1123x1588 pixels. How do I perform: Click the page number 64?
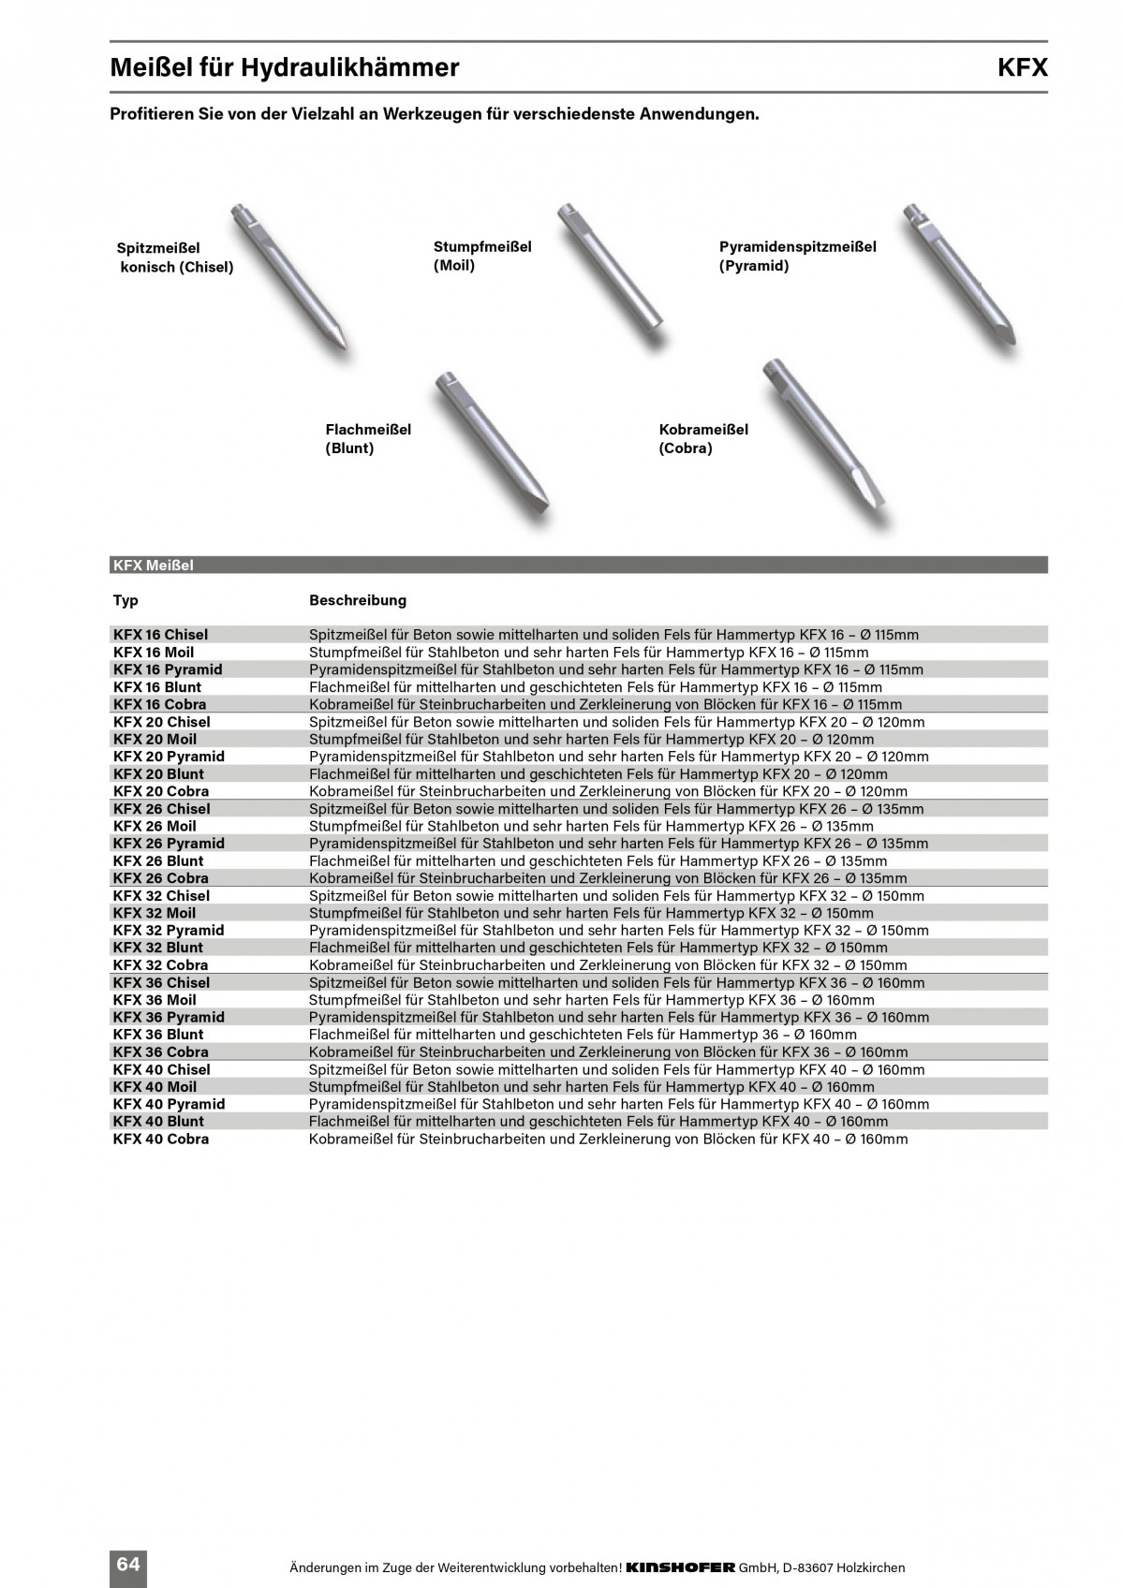128,1564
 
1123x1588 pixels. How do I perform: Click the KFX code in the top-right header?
1023,68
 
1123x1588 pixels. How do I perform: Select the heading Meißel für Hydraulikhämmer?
285,68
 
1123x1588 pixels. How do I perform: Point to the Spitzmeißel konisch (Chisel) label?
174,257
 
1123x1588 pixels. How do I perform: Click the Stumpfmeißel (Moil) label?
481,256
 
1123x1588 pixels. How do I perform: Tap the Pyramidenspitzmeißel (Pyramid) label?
797,256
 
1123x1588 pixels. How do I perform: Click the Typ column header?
126,600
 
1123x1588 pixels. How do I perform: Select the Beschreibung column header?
358,600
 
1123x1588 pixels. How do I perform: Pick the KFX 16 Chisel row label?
160,635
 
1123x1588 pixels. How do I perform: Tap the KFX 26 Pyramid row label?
169,844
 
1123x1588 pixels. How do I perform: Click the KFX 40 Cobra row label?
161,1140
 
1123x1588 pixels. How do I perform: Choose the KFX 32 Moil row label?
155,913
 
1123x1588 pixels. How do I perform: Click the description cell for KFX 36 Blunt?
583,1035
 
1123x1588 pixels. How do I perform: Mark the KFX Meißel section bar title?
153,566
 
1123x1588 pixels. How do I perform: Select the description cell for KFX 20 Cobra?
608,791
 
